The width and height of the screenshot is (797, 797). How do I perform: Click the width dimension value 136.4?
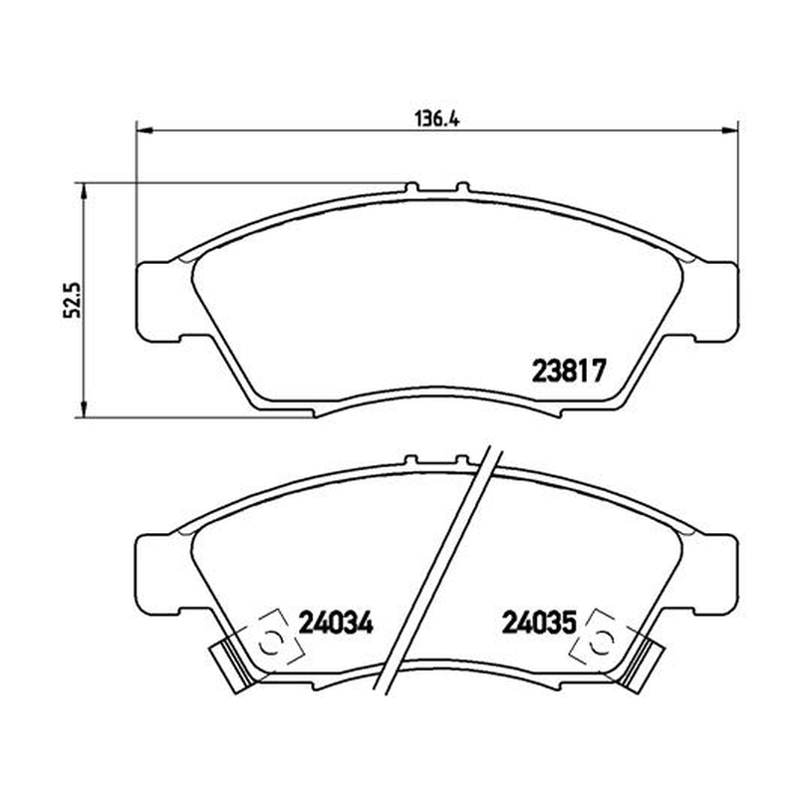coord(437,120)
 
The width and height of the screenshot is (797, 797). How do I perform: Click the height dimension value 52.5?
coord(72,300)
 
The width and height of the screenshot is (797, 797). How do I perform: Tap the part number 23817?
coord(569,371)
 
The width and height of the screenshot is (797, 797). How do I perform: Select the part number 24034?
coord(336,622)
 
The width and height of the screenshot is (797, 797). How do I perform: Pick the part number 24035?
coord(539,622)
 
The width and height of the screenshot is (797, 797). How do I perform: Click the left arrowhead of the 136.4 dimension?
coord(145,131)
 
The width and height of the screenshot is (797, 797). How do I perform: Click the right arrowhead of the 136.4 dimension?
coord(730,131)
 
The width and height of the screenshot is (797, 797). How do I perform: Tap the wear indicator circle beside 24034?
coord(270,644)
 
